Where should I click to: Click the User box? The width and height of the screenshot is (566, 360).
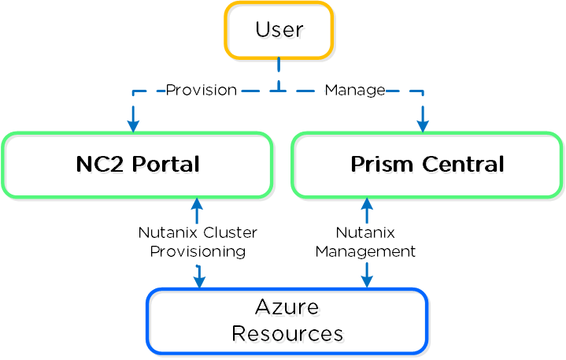pyautogui.click(x=279, y=31)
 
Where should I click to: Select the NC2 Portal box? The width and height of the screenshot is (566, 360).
pyautogui.click(x=138, y=165)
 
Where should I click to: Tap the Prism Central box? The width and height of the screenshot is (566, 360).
pyautogui.click(x=427, y=165)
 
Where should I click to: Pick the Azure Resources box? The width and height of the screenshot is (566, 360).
pyautogui.click(x=287, y=321)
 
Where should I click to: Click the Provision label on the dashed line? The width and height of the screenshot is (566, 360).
pyautogui.click(x=201, y=91)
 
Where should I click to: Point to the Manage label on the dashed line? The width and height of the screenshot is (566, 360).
pyautogui.click(x=354, y=91)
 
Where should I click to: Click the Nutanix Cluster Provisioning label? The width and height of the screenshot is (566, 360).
pyautogui.click(x=198, y=242)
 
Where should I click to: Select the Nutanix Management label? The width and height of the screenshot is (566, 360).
pyautogui.click(x=365, y=242)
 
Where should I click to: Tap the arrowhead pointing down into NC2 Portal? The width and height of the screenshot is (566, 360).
pyautogui.click(x=133, y=125)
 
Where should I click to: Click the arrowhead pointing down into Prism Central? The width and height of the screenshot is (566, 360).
pyautogui.click(x=423, y=125)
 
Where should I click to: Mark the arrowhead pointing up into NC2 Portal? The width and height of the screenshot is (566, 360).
pyautogui.click(x=197, y=204)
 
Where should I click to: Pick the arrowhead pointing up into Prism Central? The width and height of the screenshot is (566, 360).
pyautogui.click(x=366, y=204)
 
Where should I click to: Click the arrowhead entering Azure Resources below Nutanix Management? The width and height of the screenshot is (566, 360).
pyautogui.click(x=366, y=281)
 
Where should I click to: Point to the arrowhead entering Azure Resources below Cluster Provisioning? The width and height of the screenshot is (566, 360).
pyautogui.click(x=200, y=281)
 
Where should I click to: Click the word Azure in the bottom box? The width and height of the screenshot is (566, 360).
pyautogui.click(x=287, y=306)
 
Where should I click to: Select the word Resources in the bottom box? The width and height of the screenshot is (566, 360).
pyautogui.click(x=287, y=333)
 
